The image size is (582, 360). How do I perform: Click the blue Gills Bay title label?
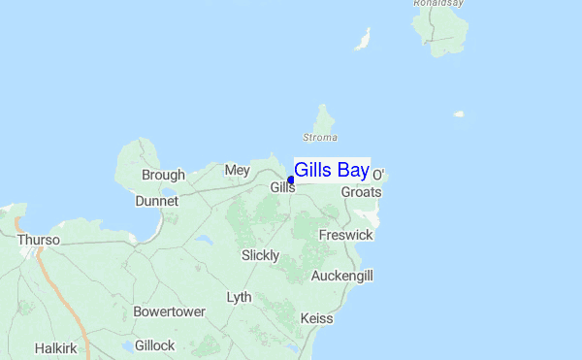[x=331, y=171]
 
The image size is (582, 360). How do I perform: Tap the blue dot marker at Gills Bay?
[x=291, y=180]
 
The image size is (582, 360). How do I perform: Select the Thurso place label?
[x=38, y=240]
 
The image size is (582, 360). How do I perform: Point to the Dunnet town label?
[x=157, y=201]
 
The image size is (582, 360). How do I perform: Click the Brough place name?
[x=163, y=176]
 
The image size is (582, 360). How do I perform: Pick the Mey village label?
[x=237, y=170]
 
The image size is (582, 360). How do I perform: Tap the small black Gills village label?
[x=282, y=187]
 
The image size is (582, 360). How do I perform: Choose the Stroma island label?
[x=320, y=138]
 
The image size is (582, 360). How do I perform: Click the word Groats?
[x=361, y=192]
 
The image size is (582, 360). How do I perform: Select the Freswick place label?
[x=346, y=236]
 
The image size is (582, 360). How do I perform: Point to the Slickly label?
[x=260, y=255]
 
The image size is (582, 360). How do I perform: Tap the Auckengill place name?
[x=342, y=277]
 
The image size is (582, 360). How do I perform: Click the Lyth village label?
[x=239, y=297]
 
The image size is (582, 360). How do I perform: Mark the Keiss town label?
[x=317, y=318]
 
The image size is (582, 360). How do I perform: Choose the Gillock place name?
[x=155, y=345]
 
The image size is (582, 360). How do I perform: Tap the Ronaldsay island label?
[x=439, y=4]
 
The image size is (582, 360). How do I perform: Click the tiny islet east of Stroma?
[x=459, y=115]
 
